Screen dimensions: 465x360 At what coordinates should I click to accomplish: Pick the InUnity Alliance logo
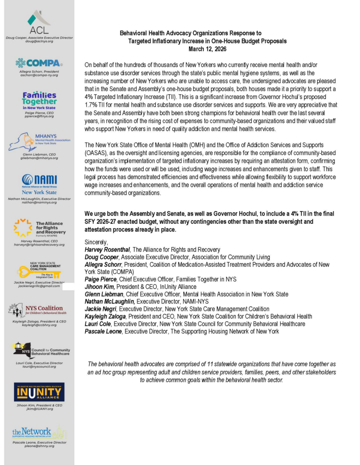point(39,392)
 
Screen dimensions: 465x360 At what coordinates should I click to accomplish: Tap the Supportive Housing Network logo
point(39,433)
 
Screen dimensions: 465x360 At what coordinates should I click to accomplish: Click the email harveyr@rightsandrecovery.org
point(39,244)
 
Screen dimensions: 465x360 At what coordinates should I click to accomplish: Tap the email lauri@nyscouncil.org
point(39,366)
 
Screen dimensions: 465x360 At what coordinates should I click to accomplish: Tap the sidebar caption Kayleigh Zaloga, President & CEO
point(39,322)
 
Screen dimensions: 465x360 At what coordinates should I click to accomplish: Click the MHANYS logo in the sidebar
point(39,142)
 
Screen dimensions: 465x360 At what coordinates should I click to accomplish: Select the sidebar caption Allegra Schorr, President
point(39,72)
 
